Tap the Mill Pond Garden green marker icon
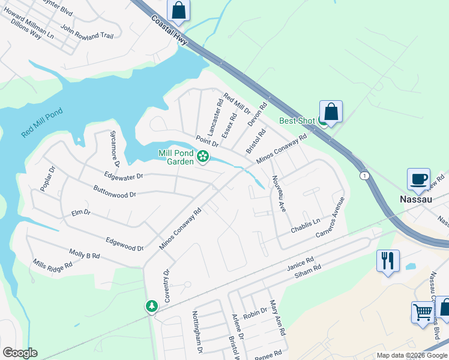[203, 157]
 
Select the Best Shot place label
[297, 121]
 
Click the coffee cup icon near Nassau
[418, 178]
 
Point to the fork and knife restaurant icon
[388, 260]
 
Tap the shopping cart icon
[423, 312]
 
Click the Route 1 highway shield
[364, 175]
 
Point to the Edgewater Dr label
[123, 176]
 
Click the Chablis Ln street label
[306, 225]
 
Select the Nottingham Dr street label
[196, 332]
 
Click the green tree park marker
[152, 306]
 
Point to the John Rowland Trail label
[86, 32]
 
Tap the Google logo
[20, 353]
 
